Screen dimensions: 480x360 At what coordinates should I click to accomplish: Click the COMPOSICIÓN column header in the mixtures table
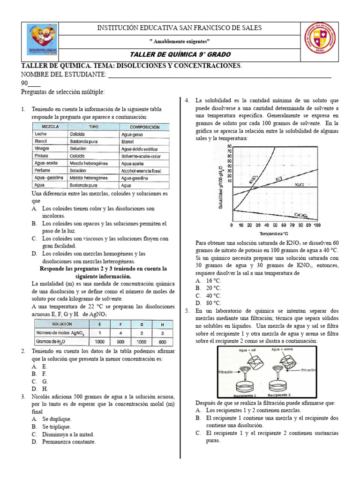144,127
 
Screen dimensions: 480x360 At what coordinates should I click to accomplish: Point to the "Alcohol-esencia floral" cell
141,171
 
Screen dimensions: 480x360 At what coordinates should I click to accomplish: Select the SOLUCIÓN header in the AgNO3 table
62,324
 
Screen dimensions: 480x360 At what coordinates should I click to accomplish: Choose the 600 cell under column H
162,341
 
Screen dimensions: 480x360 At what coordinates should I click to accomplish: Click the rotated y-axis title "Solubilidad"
220,187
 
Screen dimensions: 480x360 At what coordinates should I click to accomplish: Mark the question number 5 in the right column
187,311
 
